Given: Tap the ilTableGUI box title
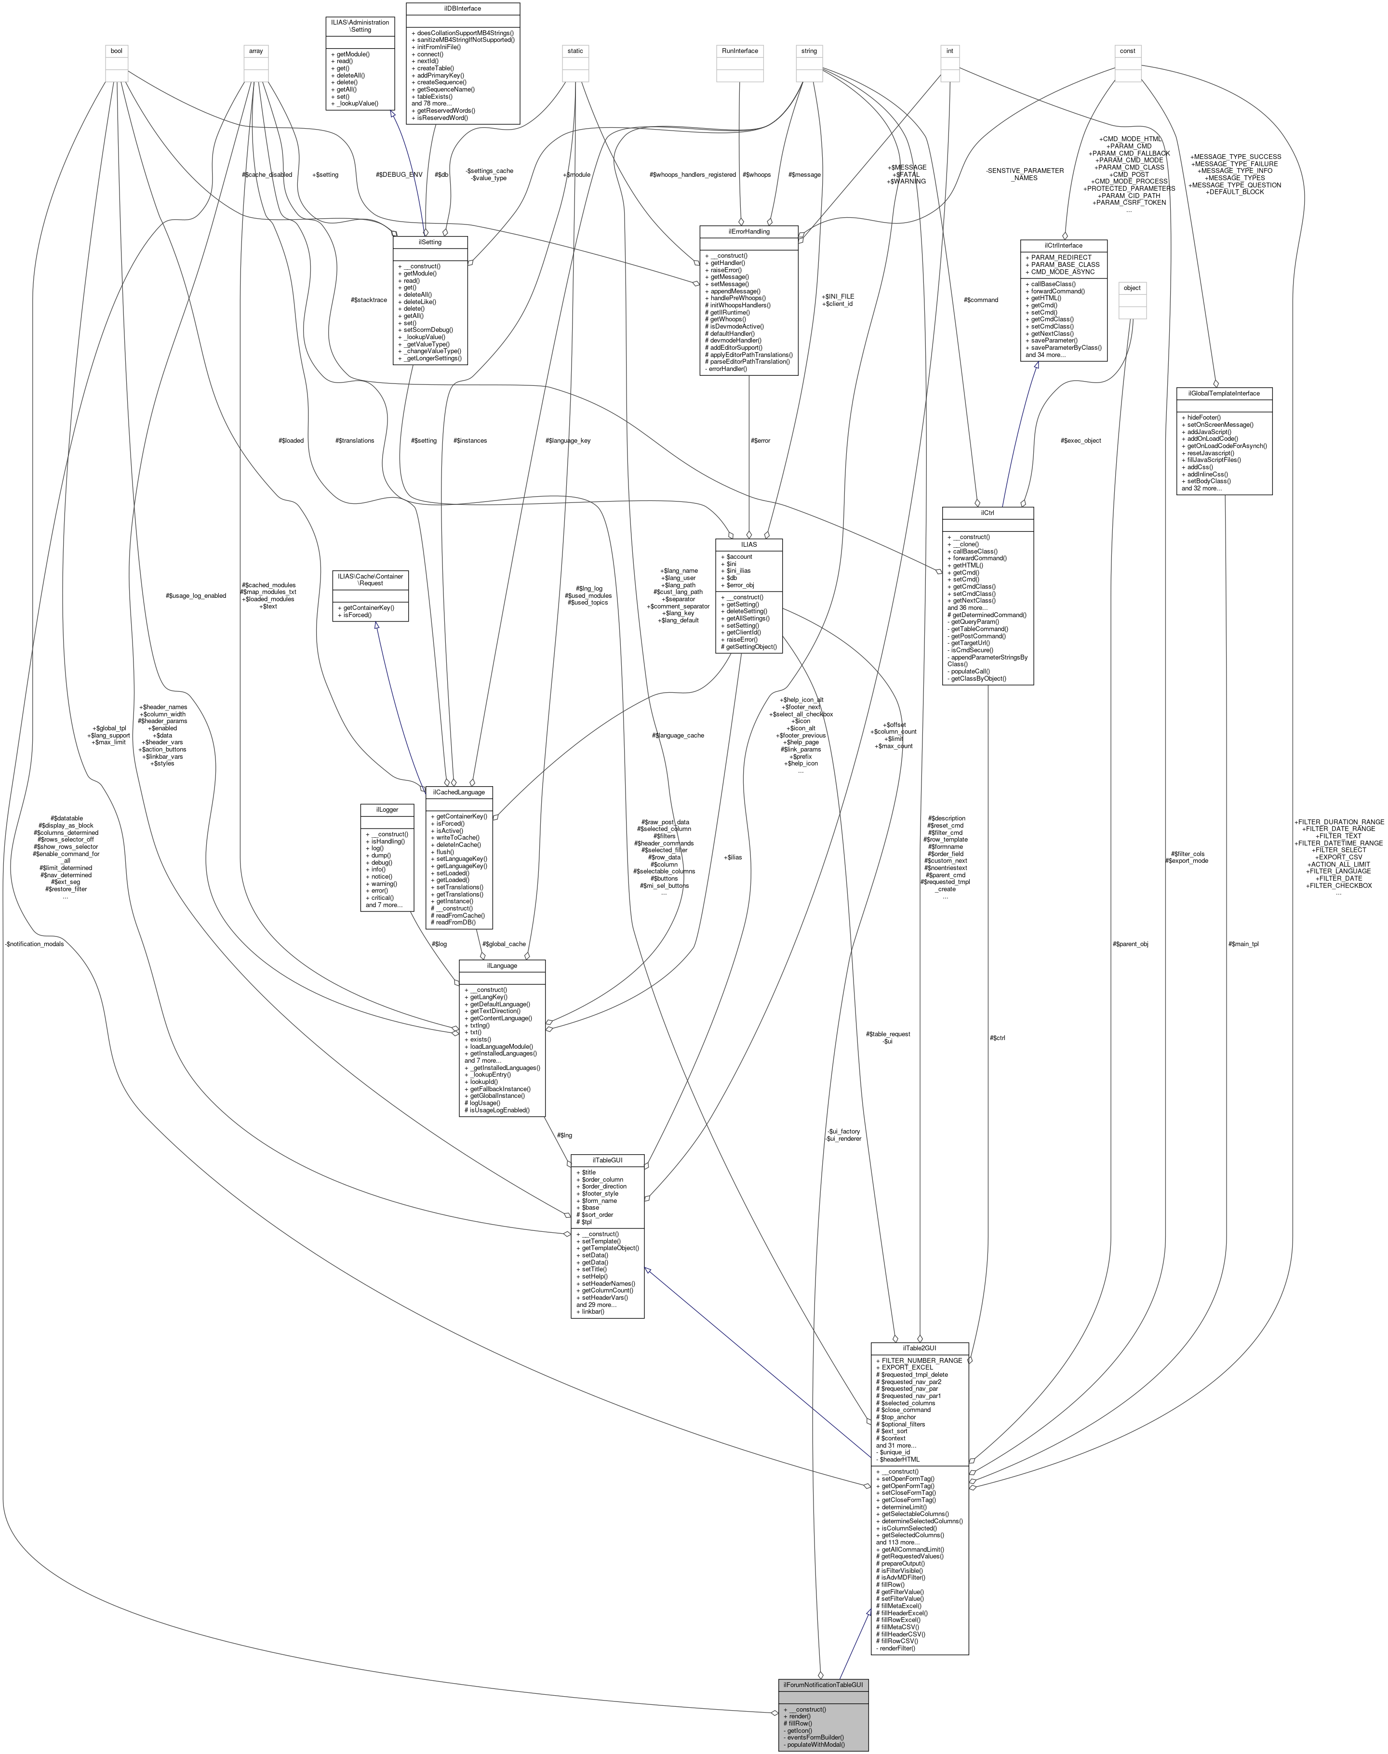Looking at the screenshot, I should pos(608,1160).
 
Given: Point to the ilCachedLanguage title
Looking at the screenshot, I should pos(460,791).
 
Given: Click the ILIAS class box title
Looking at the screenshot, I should pos(748,543).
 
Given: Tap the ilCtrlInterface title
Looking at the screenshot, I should pos(1064,245).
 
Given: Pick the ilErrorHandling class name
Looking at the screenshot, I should pos(747,232).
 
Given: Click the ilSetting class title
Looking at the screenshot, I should pos(430,241).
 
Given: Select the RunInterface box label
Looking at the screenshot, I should pos(739,51).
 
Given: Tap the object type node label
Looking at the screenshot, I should pos(1132,288).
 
